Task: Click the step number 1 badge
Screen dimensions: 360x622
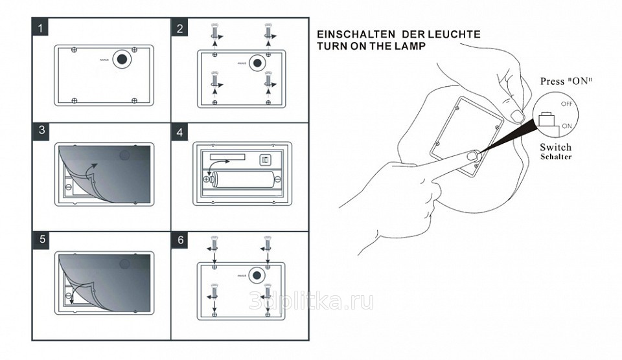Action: pyautogui.click(x=41, y=28)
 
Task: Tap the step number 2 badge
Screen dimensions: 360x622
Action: pyautogui.click(x=180, y=28)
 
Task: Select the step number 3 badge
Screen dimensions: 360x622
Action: pyautogui.click(x=41, y=129)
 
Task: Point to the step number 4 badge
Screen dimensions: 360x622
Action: pyautogui.click(x=180, y=133)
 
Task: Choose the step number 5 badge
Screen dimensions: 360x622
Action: pyautogui.click(x=41, y=238)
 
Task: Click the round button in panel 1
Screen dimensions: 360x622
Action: pyautogui.click(x=121, y=59)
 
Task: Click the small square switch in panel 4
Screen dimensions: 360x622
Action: pyautogui.click(x=264, y=160)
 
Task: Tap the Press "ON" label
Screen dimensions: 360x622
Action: pyautogui.click(x=567, y=82)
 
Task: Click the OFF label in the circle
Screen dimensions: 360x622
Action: pyautogui.click(x=566, y=104)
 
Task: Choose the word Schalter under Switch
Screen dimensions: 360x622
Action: pyautogui.click(x=556, y=157)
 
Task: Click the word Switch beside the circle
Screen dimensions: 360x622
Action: pyautogui.click(x=556, y=148)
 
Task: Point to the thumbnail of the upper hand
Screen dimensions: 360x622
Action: pyautogui.click(x=516, y=116)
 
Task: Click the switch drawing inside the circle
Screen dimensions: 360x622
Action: pyautogui.click(x=546, y=120)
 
